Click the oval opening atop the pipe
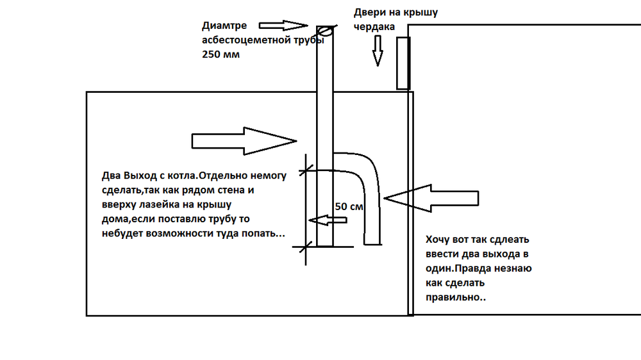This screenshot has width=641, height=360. [x=325, y=29]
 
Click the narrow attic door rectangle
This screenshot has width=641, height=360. [x=403, y=63]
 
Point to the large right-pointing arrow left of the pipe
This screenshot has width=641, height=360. [x=244, y=140]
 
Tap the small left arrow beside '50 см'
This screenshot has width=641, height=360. [x=328, y=220]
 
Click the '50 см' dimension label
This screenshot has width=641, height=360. [x=349, y=207]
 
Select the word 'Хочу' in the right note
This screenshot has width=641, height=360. [x=439, y=241]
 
